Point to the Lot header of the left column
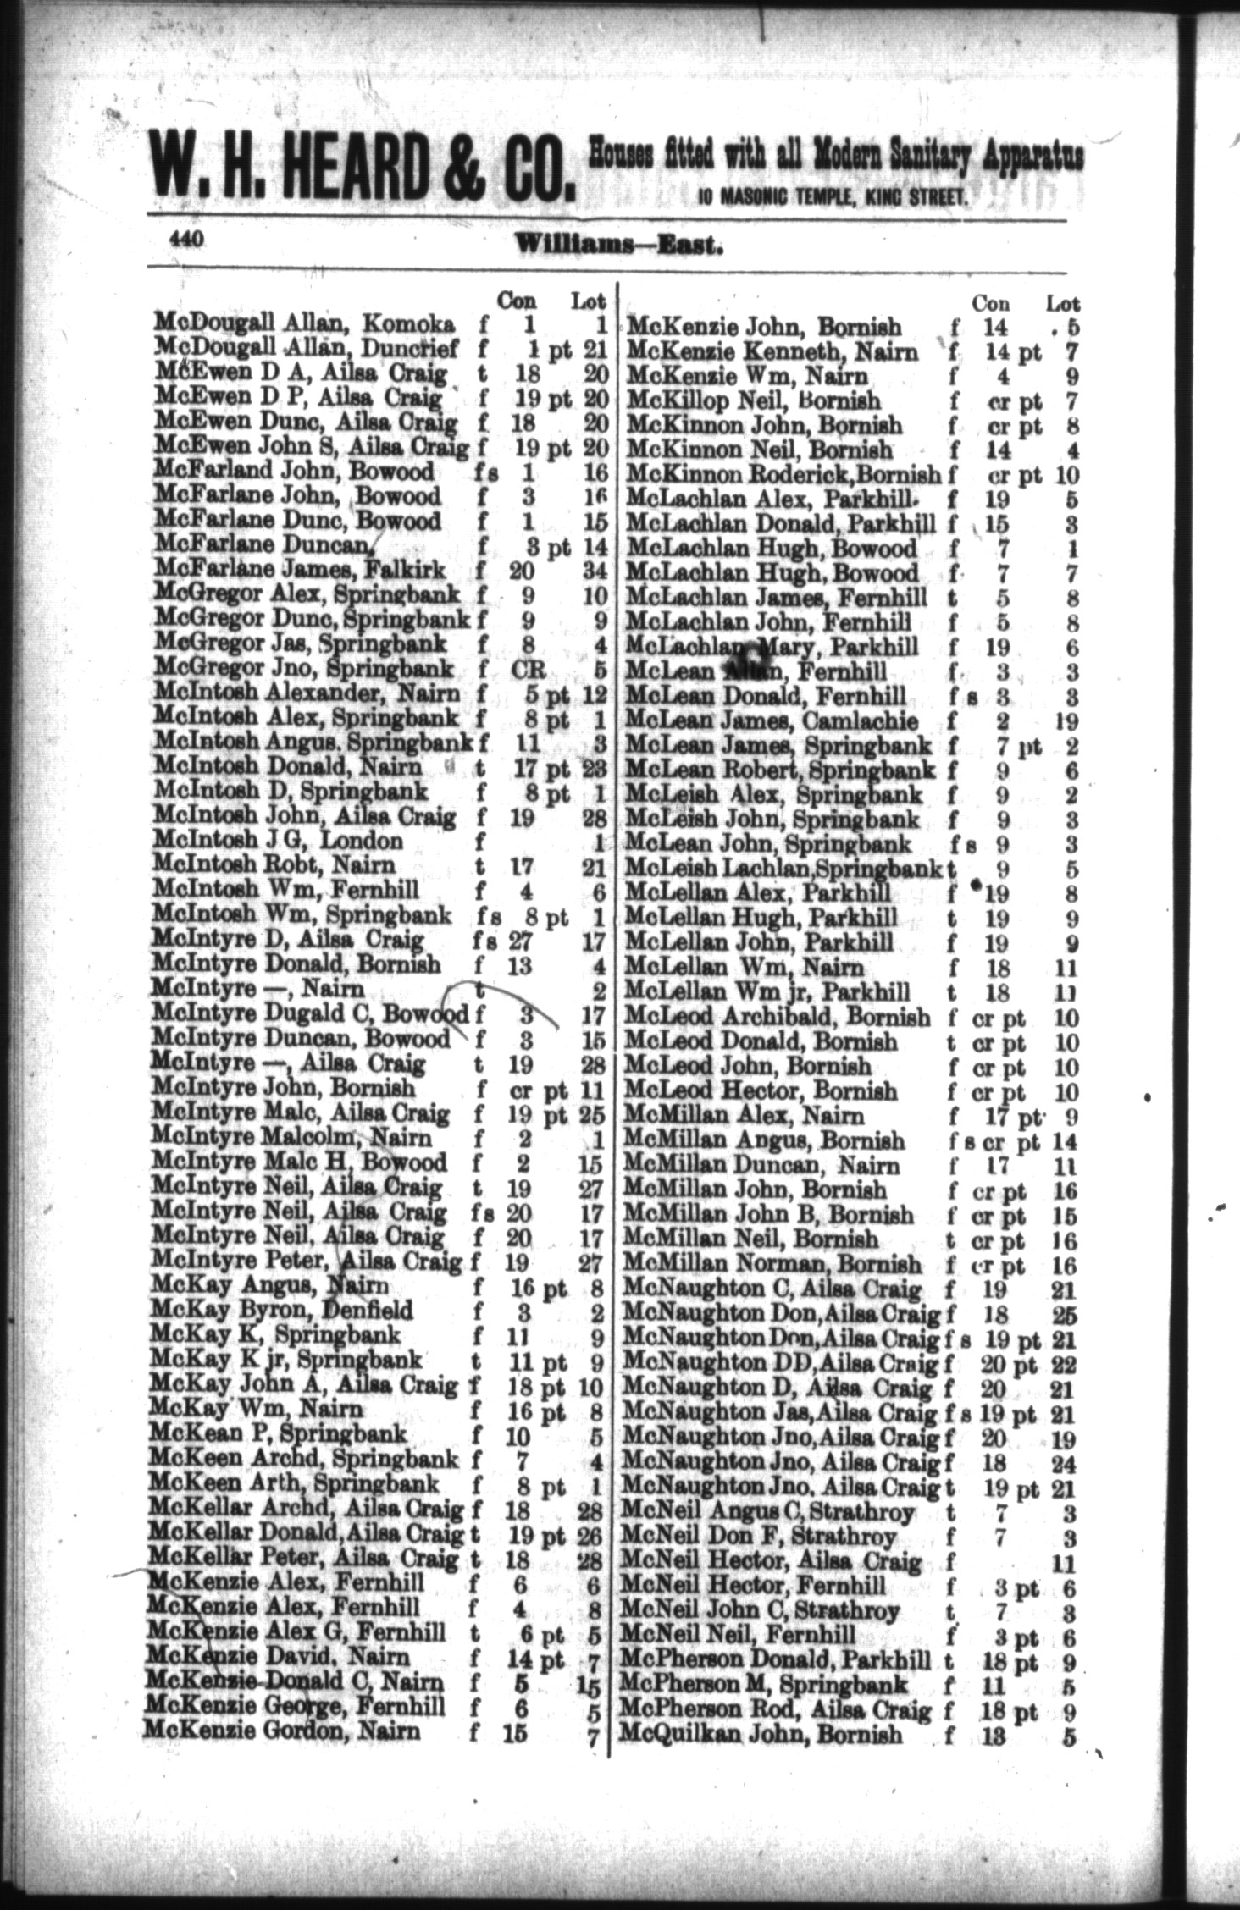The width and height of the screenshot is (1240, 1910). [589, 301]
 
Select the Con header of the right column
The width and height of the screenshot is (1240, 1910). [989, 302]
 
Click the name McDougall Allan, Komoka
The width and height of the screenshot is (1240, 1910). [305, 323]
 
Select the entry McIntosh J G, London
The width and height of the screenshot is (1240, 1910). [278, 842]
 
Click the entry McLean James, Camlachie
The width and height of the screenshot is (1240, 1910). [771, 721]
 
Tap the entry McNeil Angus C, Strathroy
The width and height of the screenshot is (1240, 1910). [768, 1510]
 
